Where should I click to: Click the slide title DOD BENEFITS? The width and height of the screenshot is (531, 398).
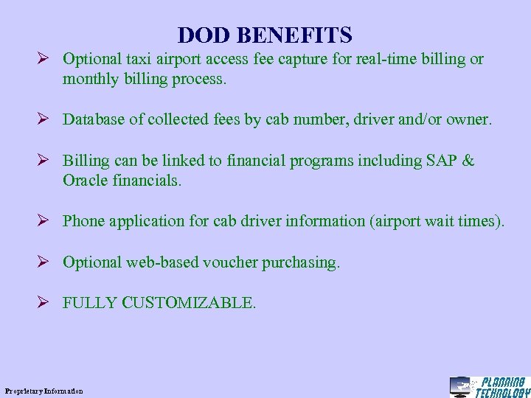[265, 35]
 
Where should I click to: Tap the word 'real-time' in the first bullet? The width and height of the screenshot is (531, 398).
[376, 59]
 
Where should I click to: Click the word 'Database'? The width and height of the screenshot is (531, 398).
[94, 119]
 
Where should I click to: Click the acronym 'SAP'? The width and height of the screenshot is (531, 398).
[441, 161]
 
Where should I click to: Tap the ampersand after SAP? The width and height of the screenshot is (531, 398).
[468, 161]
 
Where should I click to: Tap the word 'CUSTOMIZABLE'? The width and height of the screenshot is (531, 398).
[188, 303]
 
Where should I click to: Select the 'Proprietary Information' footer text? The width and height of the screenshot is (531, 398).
[44, 391]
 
